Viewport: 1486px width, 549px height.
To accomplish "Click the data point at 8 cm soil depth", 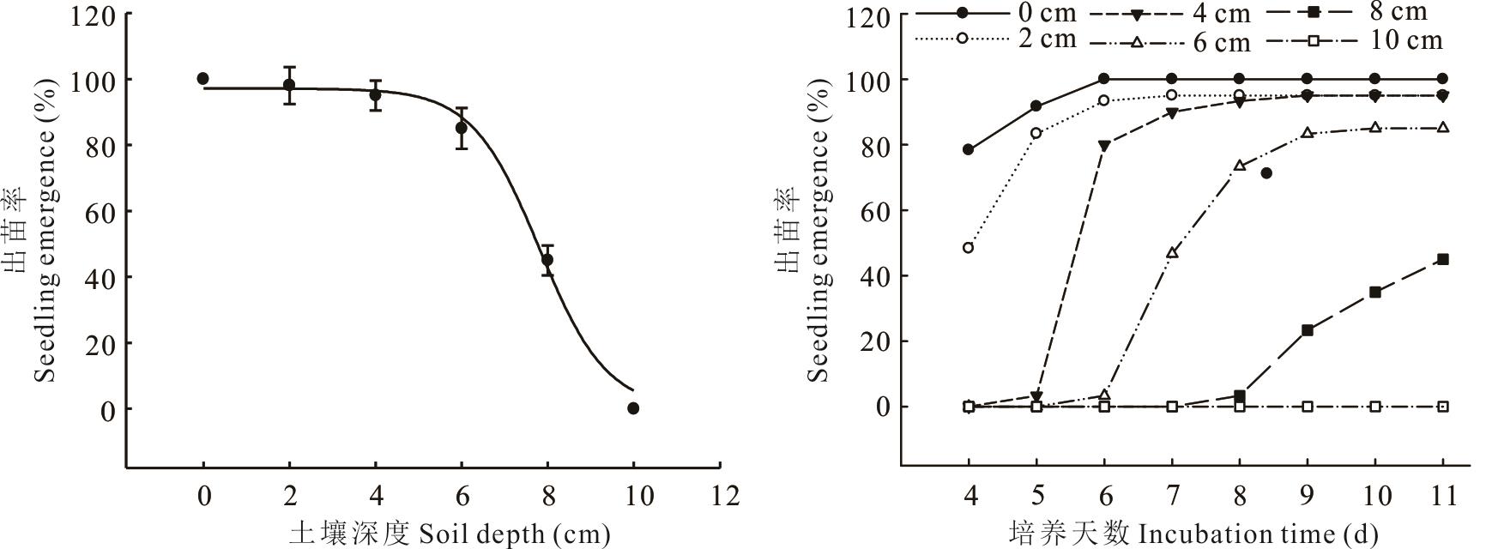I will pos(547,259).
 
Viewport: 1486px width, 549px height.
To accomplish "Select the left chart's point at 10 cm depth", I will pos(633,408).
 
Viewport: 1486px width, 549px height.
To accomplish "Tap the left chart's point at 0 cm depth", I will pos(202,78).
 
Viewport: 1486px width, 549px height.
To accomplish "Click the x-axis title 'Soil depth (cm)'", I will pos(450,534).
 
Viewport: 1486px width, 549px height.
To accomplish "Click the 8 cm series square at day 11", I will pos(1442,259).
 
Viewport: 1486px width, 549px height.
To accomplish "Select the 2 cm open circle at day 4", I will pos(969,248).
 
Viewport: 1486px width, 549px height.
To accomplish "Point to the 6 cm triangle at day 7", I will pos(1172,252).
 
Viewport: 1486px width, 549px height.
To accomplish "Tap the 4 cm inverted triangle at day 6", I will pos(1104,146).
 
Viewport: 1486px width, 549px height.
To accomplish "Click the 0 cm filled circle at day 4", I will pos(969,149).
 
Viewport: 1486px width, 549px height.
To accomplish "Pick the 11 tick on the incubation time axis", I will pos(1442,496).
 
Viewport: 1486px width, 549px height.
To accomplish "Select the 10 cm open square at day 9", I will pos(1308,406).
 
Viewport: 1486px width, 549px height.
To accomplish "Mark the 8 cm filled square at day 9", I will pos(1308,330).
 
